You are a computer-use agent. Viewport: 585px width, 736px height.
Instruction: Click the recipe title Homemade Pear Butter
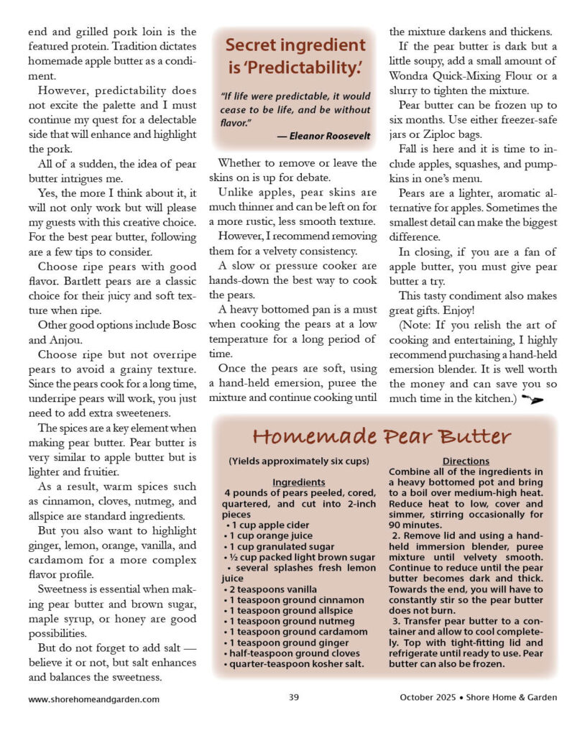382,436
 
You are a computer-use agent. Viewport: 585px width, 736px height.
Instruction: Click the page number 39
293,697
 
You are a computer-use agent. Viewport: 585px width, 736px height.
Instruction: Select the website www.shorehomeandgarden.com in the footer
94,698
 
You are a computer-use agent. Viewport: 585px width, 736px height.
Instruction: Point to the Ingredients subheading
299,482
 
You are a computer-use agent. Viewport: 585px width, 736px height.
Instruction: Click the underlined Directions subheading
466,461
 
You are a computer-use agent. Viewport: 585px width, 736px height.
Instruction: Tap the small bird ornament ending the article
533,397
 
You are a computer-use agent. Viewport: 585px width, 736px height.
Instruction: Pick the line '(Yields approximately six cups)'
299,461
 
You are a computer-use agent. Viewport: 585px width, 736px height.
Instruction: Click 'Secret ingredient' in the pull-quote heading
295,45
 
